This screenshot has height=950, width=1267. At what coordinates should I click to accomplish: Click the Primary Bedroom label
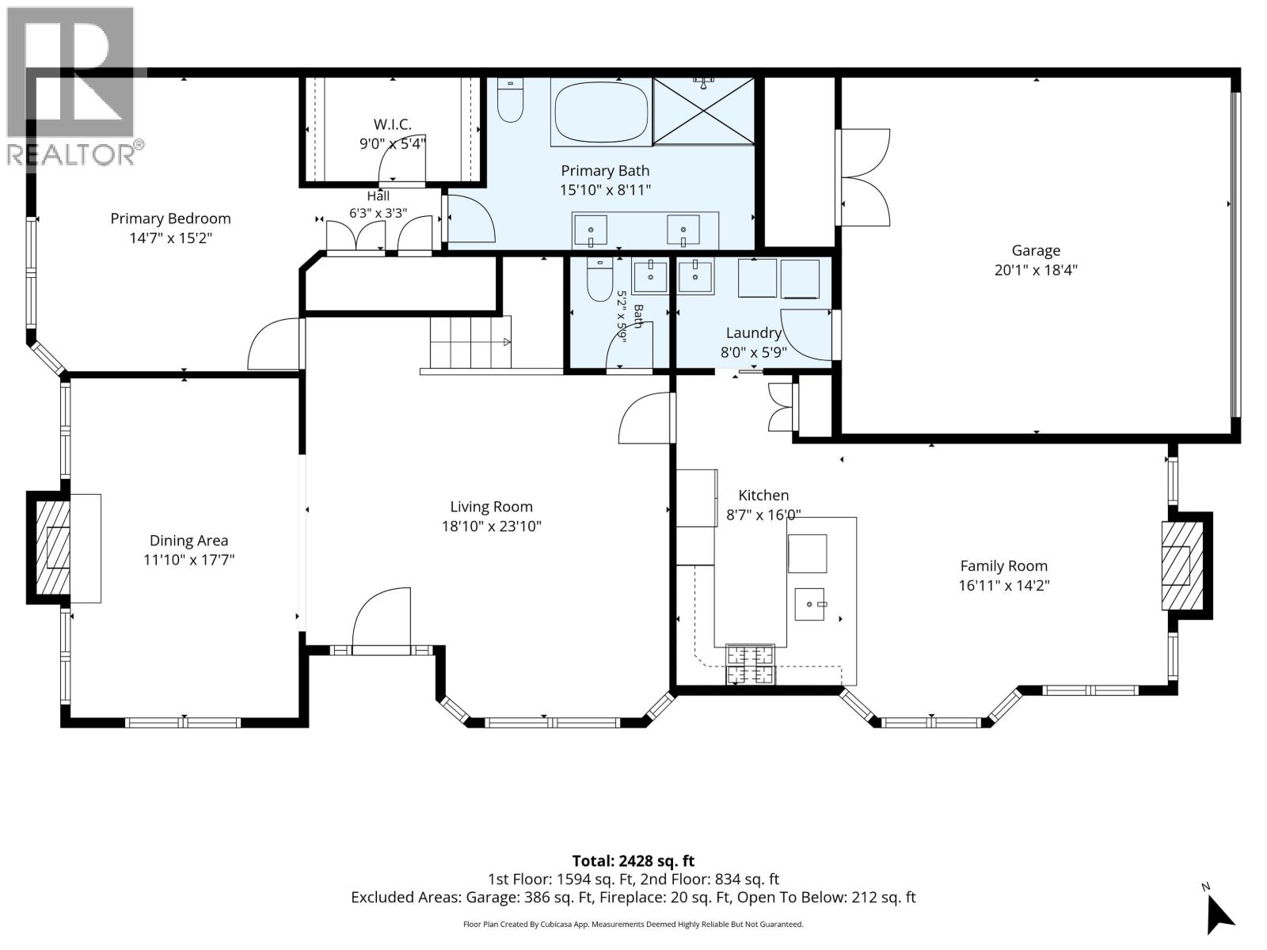click(x=170, y=218)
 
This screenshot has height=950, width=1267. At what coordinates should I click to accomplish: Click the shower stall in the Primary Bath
click(x=703, y=111)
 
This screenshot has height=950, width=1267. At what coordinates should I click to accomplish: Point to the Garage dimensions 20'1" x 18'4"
click(x=1036, y=270)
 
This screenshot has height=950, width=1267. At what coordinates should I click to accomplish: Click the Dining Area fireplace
click(x=53, y=547)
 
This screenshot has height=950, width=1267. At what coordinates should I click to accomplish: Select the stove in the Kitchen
click(x=751, y=664)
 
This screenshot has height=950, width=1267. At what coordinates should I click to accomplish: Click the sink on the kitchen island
click(x=809, y=604)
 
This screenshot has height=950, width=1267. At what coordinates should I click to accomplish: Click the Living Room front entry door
click(x=382, y=621)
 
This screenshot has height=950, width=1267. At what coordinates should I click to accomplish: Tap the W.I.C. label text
click(x=393, y=124)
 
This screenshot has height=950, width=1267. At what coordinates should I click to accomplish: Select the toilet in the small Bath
click(x=599, y=279)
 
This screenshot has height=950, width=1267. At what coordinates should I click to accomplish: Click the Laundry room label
click(x=754, y=332)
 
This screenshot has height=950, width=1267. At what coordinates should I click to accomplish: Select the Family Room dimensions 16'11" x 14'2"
click(x=1004, y=586)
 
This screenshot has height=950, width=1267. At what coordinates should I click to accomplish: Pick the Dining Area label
click(x=188, y=541)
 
